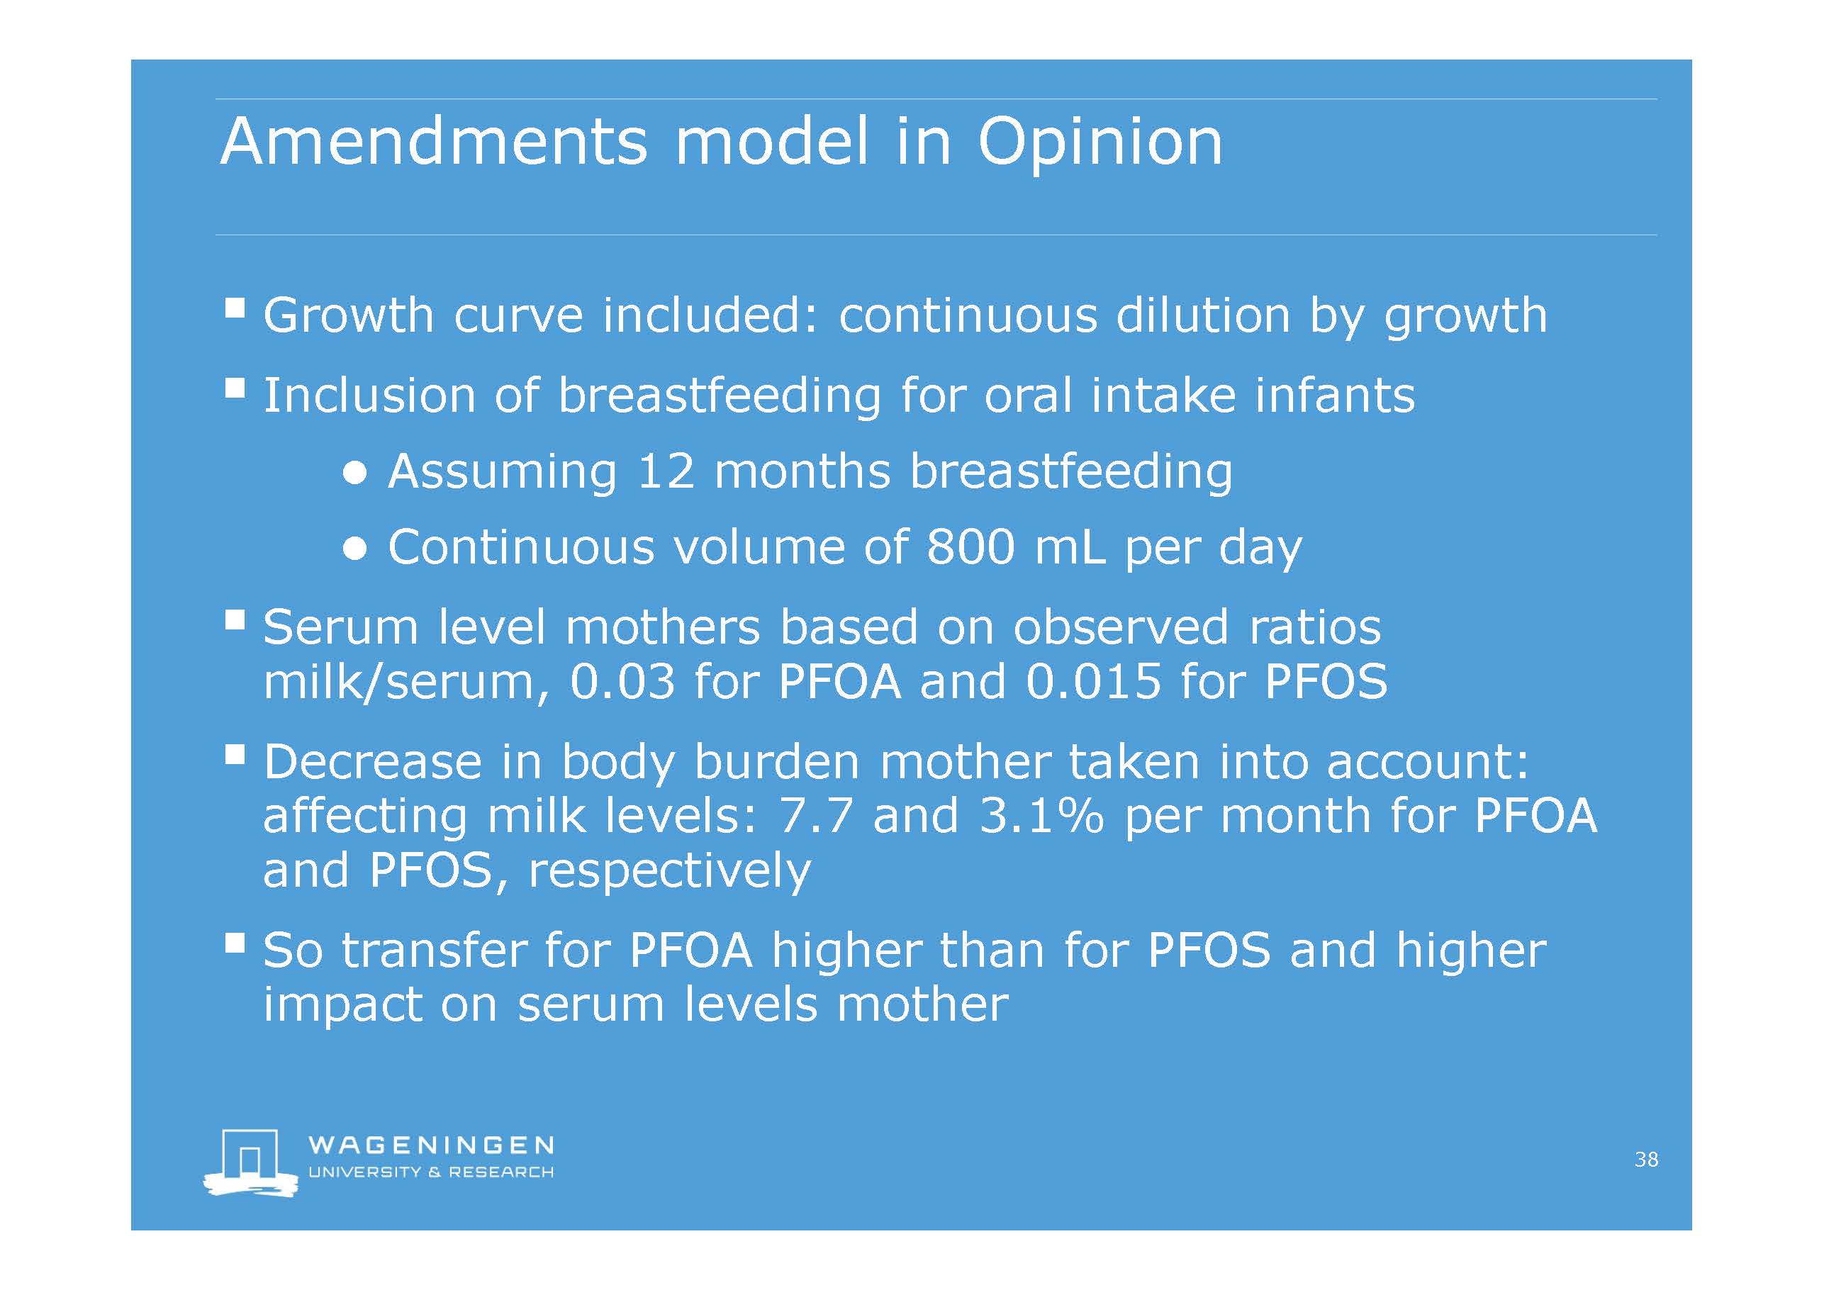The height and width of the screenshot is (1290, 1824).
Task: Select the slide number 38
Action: click(1646, 1160)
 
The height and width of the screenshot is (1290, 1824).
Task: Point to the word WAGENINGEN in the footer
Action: click(430, 1145)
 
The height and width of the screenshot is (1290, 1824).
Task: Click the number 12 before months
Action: click(666, 471)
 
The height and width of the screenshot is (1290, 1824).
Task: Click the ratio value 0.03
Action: click(623, 682)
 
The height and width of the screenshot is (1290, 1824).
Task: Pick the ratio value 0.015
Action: click(1094, 682)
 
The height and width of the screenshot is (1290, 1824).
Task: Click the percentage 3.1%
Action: click(1041, 816)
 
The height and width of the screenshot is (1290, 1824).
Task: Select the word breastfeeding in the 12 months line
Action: click(1071, 472)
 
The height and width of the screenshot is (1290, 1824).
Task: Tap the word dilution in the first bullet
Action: click(1203, 315)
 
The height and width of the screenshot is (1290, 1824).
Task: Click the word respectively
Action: click(670, 871)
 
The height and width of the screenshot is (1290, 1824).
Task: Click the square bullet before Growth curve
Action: click(235, 308)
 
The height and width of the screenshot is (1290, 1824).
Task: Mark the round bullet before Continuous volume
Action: click(355, 549)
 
